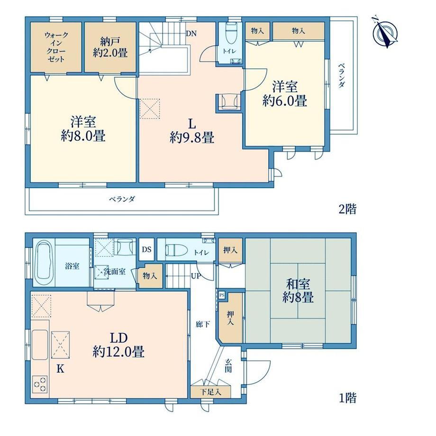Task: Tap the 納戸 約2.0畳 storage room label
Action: pos(110,47)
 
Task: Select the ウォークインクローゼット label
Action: pos(56,47)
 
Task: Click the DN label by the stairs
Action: pos(191,34)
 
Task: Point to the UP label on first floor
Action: pos(196,276)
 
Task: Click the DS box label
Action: pos(146,249)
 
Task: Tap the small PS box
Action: pos(222,295)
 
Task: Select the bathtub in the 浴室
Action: pos(45,263)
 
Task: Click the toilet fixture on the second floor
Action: pos(230,33)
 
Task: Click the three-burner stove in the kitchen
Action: pos(40,384)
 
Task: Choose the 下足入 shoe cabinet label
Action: pos(211,392)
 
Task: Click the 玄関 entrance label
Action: pos(228,365)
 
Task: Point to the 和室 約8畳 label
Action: pos(298,291)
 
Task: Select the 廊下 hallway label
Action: pos(203,324)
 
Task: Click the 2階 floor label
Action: pos(347,209)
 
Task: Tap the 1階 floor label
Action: pos(347,398)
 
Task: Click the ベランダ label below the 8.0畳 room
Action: pos(122,199)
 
